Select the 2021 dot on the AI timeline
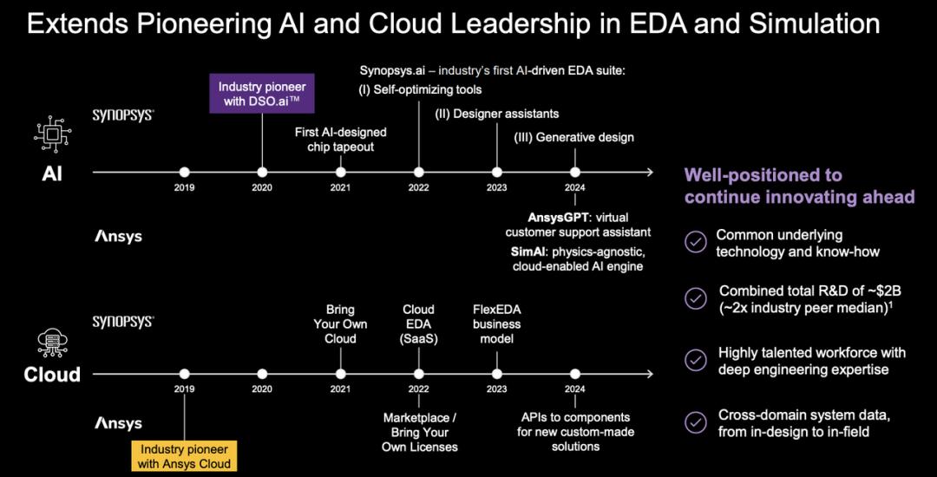341,172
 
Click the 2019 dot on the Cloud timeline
185,374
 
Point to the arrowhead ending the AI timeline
649,172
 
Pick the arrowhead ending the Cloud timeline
649,374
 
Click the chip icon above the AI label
52,134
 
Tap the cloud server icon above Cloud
52,342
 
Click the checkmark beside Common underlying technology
694,243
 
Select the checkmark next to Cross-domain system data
694,422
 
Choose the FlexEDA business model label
496,324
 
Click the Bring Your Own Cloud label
341,324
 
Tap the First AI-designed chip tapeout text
341,139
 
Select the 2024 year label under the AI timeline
575,187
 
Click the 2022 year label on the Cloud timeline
419,389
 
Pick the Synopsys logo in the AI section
123,114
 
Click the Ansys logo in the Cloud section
118,423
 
